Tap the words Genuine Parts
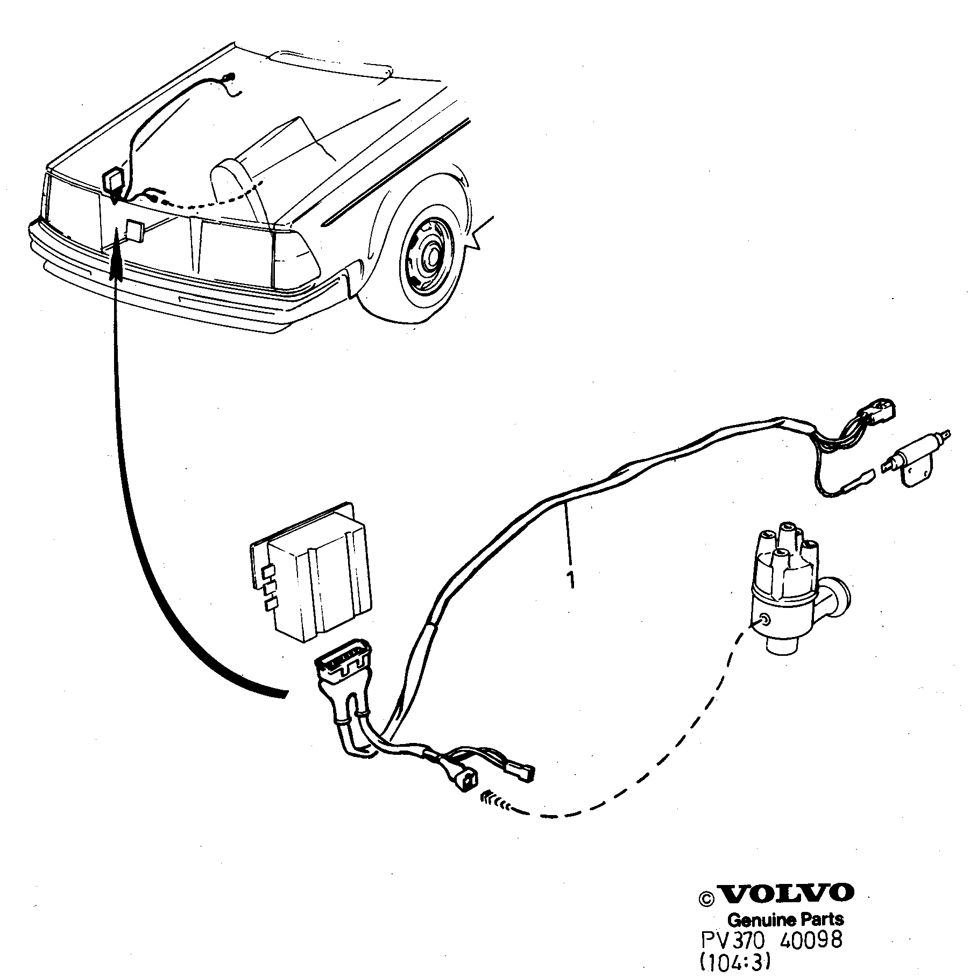[x=785, y=919]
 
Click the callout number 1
[x=570, y=579]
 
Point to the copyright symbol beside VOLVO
[x=706, y=898]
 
